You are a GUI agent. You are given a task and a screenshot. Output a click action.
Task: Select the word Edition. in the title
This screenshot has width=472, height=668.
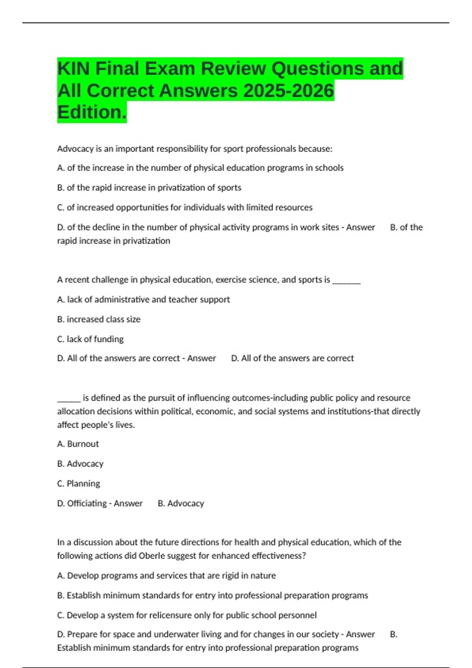point(92,112)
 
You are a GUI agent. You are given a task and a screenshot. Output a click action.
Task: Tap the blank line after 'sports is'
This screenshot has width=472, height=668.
point(347,281)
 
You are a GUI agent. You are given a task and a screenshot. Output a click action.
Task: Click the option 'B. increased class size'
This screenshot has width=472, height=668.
point(99,319)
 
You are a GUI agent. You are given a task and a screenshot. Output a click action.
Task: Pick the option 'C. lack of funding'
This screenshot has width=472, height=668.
point(90,339)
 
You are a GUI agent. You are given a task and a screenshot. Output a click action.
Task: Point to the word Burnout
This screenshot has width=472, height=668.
point(83,444)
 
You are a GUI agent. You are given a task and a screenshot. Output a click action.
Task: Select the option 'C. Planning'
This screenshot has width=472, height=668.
point(79,484)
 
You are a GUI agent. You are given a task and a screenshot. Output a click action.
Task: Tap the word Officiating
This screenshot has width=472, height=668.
point(87,503)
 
